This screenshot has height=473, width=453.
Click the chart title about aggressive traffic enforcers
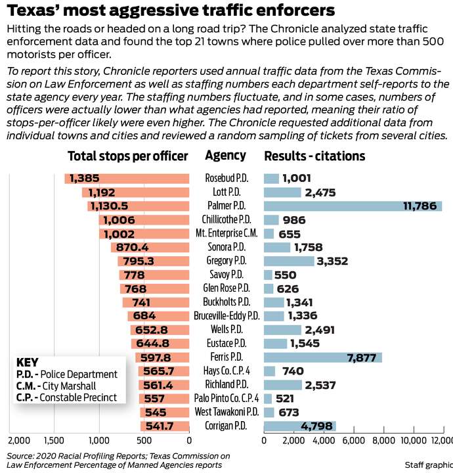(x=171, y=11)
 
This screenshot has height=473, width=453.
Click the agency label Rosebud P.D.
(x=225, y=178)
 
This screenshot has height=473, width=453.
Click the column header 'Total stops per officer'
(x=127, y=156)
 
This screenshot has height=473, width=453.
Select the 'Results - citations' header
(x=314, y=156)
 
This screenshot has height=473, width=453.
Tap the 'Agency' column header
(x=225, y=156)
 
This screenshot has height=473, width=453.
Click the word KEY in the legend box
(x=27, y=362)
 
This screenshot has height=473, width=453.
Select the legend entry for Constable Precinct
(x=66, y=397)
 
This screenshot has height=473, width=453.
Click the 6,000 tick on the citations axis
(x=353, y=440)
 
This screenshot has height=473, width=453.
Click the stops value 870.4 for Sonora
(x=133, y=247)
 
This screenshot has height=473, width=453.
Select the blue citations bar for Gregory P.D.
(x=289, y=261)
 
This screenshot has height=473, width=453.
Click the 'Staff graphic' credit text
(x=428, y=464)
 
